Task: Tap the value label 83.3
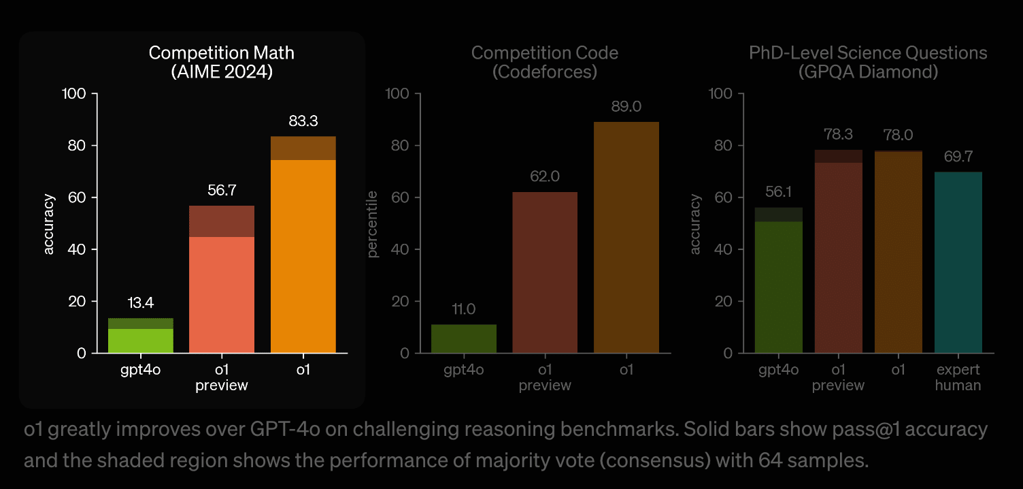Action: point(303,121)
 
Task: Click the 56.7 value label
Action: point(222,190)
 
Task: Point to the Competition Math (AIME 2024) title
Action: point(222,62)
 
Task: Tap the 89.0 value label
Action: point(626,107)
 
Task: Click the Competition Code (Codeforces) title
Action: point(545,62)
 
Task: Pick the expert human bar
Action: point(958,262)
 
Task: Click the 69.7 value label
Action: point(958,157)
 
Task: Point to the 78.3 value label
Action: point(839,135)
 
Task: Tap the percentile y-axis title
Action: point(373,223)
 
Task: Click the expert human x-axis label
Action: point(958,377)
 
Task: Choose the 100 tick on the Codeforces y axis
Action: point(397,94)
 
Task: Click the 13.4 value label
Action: point(141,303)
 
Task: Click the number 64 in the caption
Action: point(771,460)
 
